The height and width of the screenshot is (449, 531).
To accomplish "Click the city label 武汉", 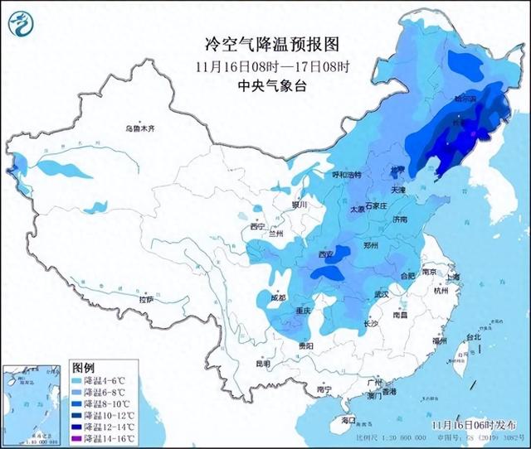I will pos(382,294).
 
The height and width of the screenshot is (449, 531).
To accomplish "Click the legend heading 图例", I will pos(84,366).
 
